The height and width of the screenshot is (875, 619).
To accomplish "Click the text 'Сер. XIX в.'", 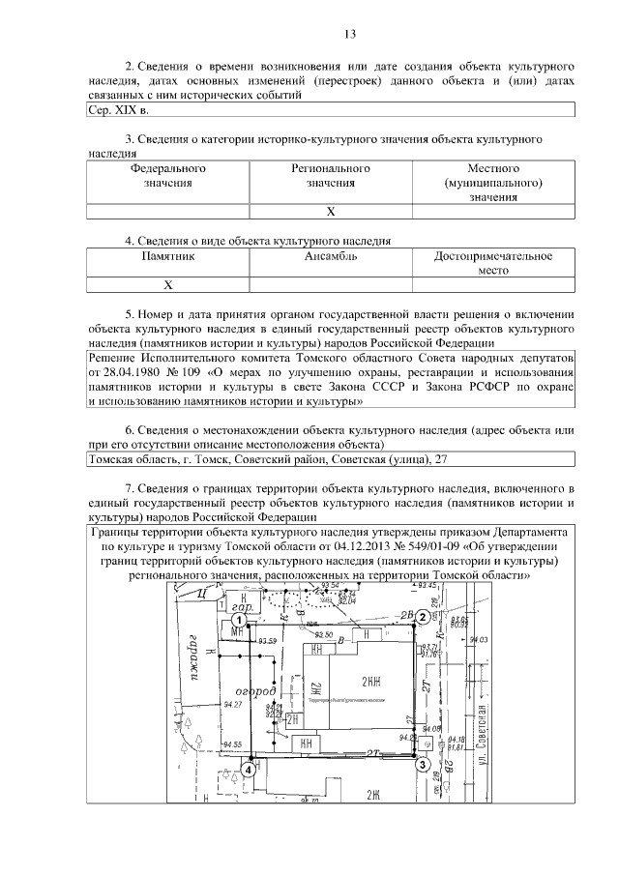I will (x=114, y=111).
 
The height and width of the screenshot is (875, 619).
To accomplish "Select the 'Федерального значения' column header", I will (x=168, y=175).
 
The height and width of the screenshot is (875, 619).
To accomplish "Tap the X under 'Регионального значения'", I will (x=331, y=211).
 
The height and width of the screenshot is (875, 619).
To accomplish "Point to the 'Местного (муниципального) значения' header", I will (x=493, y=183).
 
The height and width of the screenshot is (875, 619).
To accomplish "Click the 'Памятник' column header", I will (x=168, y=257).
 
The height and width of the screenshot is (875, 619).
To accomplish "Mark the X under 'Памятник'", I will (x=168, y=285).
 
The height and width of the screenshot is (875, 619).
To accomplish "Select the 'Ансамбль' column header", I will (x=331, y=257).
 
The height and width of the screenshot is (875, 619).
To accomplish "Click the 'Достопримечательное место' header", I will (x=493, y=264).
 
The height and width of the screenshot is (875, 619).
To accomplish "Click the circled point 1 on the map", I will (x=235, y=619).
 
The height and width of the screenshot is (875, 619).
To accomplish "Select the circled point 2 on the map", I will (x=422, y=617).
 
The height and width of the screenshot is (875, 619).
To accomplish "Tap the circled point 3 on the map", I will (x=422, y=765).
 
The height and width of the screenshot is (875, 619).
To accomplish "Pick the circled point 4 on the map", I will (x=250, y=769).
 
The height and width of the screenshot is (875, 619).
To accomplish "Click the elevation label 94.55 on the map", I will (x=233, y=744).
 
